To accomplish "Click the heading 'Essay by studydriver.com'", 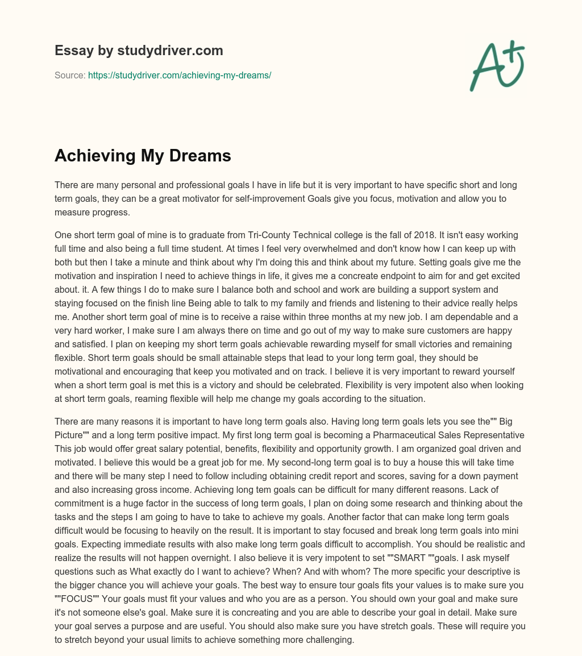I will tap(139, 51).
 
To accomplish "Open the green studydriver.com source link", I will tap(180, 75).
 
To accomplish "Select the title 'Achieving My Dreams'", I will tap(143, 156).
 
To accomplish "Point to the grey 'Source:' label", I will tap(70, 75).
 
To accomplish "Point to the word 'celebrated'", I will tap(351, 385).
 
